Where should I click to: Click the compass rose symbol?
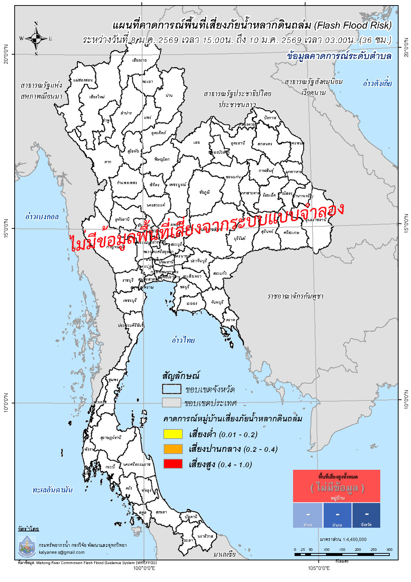(x=36, y=38)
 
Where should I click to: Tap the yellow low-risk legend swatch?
(x=173, y=434)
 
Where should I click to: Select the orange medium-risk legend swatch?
(x=173, y=449)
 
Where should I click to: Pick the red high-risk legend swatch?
(x=173, y=464)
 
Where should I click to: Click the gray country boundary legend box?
(x=171, y=403)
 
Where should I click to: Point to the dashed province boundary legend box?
(x=171, y=389)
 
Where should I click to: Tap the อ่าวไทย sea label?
(x=183, y=340)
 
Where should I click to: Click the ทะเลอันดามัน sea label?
(x=52, y=490)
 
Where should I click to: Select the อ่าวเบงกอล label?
(x=42, y=216)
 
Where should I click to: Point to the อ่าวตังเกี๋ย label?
(x=377, y=83)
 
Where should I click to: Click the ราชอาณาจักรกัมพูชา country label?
(x=295, y=296)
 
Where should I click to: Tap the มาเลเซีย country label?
(x=225, y=554)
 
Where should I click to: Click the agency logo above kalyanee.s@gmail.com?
(x=27, y=546)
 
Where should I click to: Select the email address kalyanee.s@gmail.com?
(x=62, y=552)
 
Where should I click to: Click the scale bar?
(x=341, y=554)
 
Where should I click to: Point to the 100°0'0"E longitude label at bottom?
(x=144, y=568)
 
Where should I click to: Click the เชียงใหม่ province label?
(x=97, y=97)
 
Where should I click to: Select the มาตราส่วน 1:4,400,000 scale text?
(x=343, y=539)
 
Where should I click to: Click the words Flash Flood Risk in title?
(x=353, y=25)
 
